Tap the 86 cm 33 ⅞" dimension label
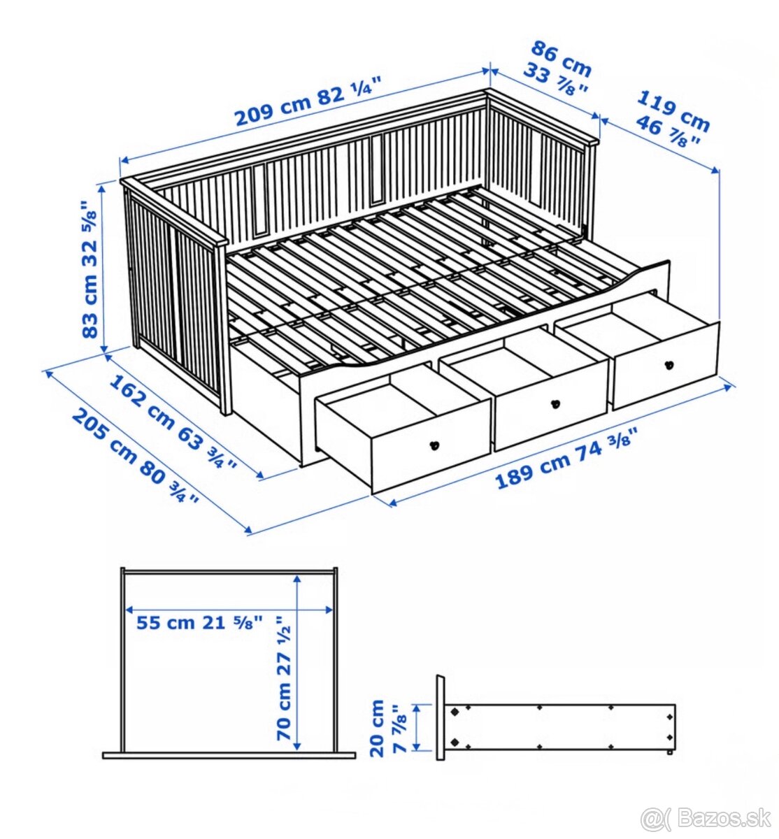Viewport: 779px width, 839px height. pyautogui.click(x=560, y=69)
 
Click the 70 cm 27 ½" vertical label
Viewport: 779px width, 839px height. pyautogui.click(x=284, y=677)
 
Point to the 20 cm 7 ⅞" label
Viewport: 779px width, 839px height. pyautogui.click(x=387, y=728)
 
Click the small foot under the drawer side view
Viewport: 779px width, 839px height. pyautogui.click(x=670, y=754)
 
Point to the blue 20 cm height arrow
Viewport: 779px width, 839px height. pyautogui.click(x=417, y=728)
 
